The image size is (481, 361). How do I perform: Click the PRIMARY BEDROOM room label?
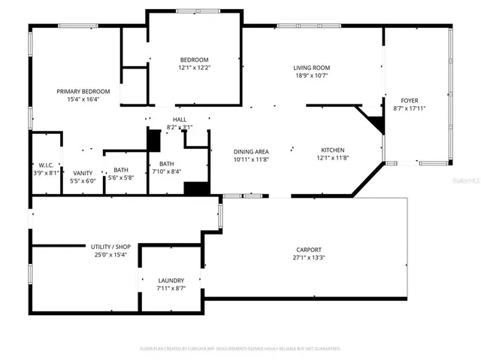click(89, 91)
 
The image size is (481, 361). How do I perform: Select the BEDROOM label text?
click(194, 60)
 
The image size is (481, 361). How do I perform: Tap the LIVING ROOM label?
click(311, 68)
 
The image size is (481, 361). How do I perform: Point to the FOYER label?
click(409, 100)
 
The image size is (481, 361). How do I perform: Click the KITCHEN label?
click(333, 150)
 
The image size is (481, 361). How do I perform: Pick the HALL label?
click(180, 120)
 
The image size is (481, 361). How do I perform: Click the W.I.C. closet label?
click(44, 165)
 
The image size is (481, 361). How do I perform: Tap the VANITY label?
click(83, 172)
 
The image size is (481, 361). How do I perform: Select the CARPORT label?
click(308, 250)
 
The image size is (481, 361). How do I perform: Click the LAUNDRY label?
click(171, 281)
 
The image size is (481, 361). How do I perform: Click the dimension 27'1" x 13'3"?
click(308, 258)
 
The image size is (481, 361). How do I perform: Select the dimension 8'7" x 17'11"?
click(409, 108)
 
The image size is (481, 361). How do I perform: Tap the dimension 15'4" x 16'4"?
click(89, 99)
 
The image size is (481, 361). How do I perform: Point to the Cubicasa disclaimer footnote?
click(240, 349)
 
